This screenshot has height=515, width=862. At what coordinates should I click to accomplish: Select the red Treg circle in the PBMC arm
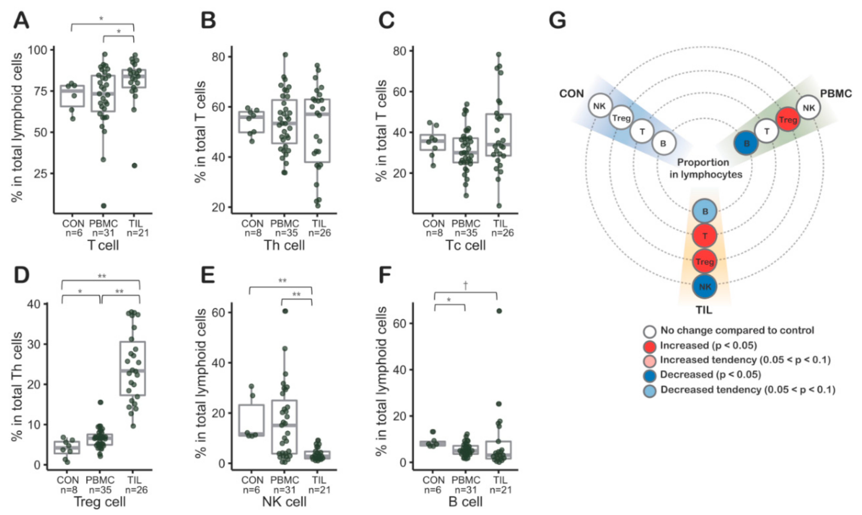coord(788,119)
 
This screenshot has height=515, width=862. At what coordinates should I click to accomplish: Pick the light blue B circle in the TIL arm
coord(705,211)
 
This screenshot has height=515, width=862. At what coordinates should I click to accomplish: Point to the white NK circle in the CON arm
coord(599,105)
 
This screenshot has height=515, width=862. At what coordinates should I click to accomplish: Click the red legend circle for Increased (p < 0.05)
coord(649,346)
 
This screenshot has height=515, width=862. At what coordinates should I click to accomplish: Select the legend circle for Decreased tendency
coord(649,390)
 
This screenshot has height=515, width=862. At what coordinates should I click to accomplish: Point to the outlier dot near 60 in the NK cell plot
coord(285,311)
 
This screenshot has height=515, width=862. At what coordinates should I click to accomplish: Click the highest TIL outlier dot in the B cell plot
coord(499,311)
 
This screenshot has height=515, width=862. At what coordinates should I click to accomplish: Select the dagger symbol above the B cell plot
coord(466,285)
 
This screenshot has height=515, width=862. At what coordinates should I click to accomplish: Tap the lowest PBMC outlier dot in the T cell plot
coord(104,206)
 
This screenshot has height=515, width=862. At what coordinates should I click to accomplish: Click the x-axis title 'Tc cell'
coord(465,245)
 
